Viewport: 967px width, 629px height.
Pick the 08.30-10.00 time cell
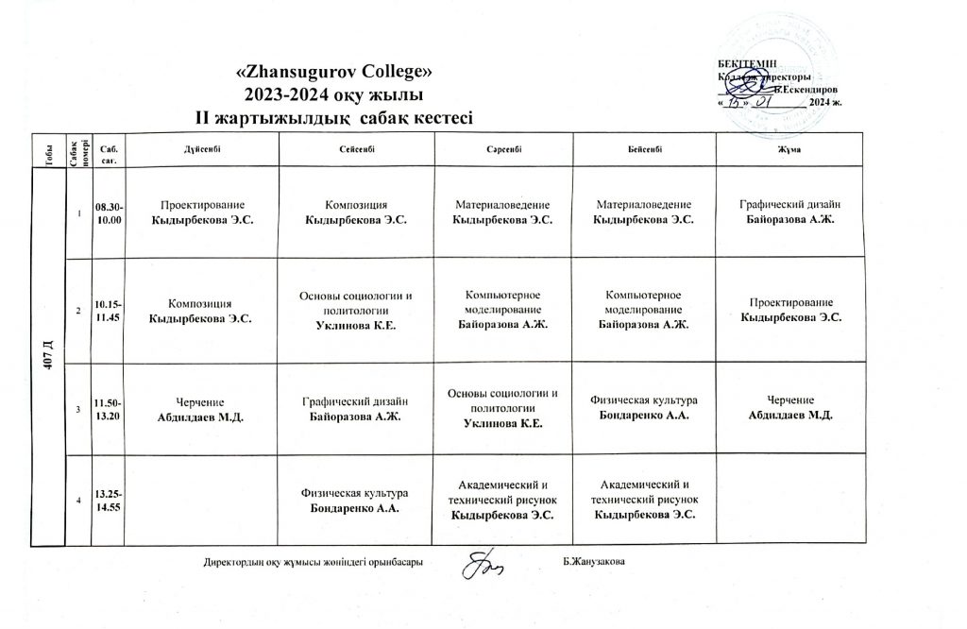[108, 212]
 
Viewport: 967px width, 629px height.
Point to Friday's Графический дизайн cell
[789, 212]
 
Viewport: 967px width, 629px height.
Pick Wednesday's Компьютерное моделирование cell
[501, 311]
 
